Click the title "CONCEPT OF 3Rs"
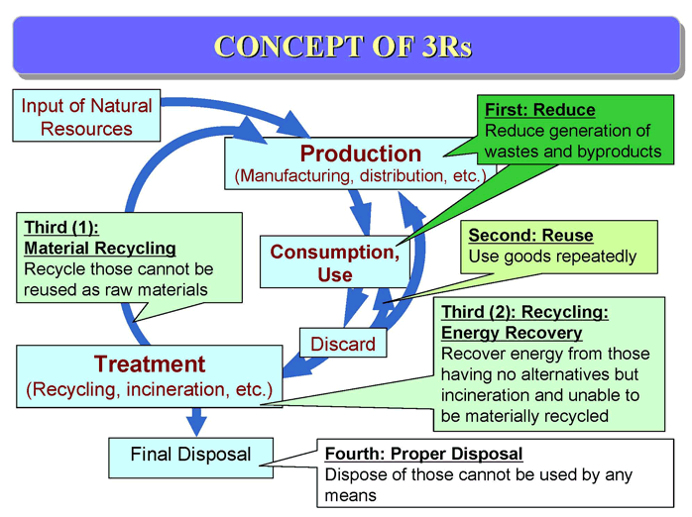point(343,46)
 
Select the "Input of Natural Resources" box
point(86,116)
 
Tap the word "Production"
point(361,154)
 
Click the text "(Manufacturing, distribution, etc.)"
point(360,176)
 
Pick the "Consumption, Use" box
point(334,262)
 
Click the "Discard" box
point(343,344)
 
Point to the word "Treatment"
point(150,364)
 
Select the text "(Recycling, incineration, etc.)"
point(149,389)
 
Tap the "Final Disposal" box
point(190,458)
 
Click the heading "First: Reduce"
point(539,110)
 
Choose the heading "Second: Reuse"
point(530,236)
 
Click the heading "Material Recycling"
point(100,249)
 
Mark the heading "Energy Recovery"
point(512,333)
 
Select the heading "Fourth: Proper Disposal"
point(423,454)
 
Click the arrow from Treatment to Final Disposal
point(196,422)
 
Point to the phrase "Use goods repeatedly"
point(552,257)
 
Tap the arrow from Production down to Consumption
point(361,212)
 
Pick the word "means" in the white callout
point(350,496)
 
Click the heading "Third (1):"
point(61,228)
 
